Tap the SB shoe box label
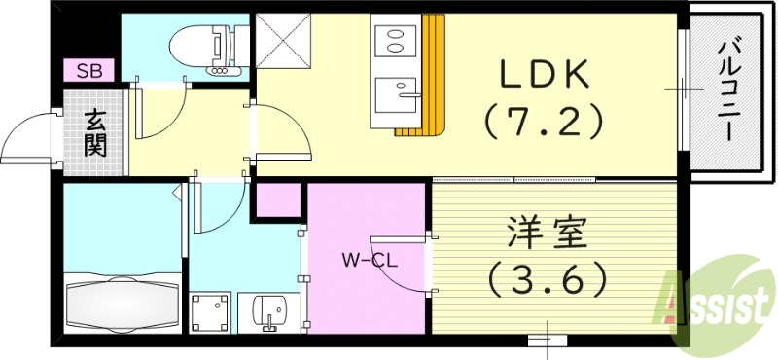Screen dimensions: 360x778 tap(89, 70)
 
